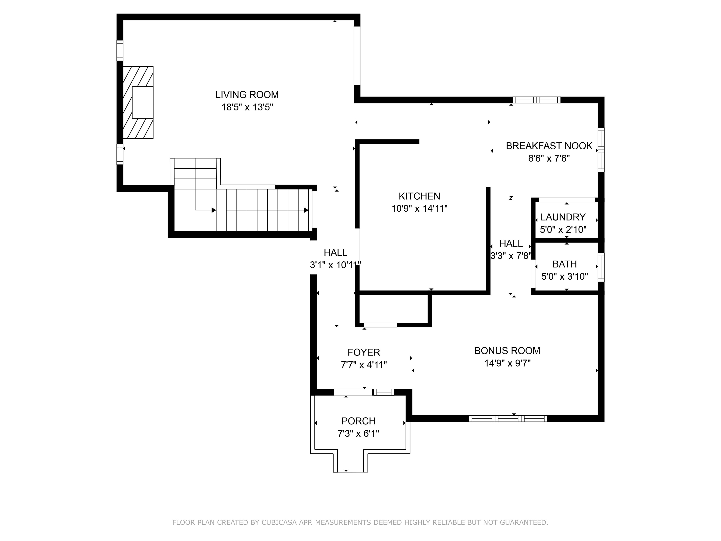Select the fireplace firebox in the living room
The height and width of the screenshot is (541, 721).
pos(142,102)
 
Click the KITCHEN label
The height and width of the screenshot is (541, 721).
pos(419,196)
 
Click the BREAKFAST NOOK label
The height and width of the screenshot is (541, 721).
pos(549,146)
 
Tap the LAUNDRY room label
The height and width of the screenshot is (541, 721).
pos(563,217)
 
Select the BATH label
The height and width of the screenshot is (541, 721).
pos(564,264)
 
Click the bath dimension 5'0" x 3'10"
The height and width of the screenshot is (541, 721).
pos(564,277)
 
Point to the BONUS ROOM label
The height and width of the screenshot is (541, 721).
pos(507,351)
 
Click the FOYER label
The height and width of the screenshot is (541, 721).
pos(364,352)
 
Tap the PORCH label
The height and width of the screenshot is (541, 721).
pos(358,421)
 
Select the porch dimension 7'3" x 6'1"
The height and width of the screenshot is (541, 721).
pos(358,433)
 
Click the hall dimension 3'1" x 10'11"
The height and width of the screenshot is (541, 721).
pos(335,265)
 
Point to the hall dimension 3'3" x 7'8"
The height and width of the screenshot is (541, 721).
pos(511,256)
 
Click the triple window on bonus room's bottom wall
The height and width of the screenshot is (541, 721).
pos(508,418)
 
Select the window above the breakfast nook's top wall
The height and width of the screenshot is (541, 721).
pos(536,100)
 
